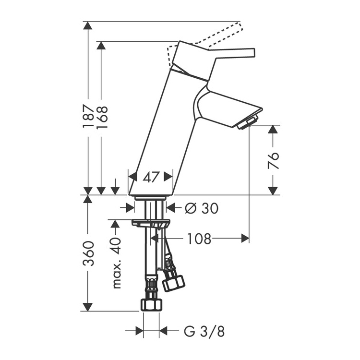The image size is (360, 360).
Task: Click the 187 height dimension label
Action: tap(89, 116)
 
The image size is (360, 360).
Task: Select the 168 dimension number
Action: tap(102, 117)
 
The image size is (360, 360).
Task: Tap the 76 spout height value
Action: tap(273, 160)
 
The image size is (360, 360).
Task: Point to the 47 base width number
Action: tap(151, 177)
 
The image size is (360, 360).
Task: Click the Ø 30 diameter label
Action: tap(202, 208)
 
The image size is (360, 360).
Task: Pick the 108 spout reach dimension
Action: tap(199, 238)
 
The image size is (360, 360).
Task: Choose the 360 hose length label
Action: tap(89, 253)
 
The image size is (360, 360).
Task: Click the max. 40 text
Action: tap(116, 263)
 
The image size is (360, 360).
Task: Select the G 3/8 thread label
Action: tap(204, 331)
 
